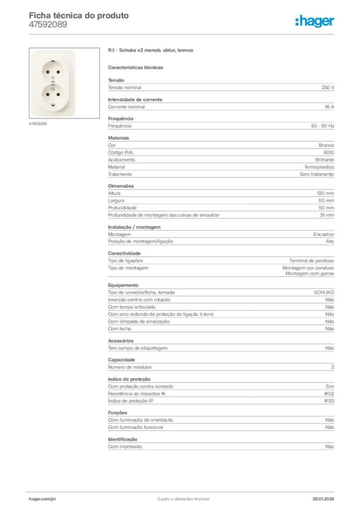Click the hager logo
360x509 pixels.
click(314, 21)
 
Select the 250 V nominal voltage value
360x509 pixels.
click(328, 87)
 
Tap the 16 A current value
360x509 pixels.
click(329, 107)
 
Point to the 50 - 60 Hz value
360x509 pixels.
click(323, 126)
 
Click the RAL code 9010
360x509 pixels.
click(329, 153)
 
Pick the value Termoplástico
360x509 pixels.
click(319, 167)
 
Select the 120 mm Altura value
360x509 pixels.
click(326, 193)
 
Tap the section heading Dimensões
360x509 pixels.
click(121, 186)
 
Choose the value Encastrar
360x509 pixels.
click(324, 234)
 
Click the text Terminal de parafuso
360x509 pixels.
click(312, 260)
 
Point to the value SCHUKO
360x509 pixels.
click(324, 293)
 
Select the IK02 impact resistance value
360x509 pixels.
click(329, 394)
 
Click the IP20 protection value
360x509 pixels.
click(329, 401)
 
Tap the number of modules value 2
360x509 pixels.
click(333, 367)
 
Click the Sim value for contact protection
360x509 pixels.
click(330, 386)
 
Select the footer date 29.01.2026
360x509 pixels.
click(323, 499)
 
